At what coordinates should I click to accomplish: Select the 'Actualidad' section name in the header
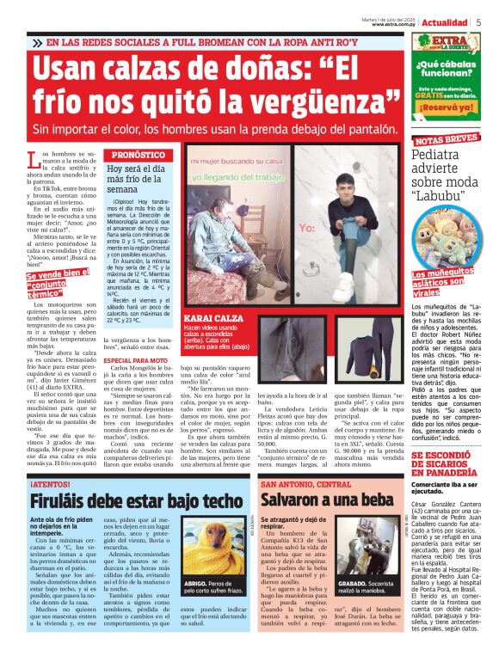pyautogui.click(x=445, y=23)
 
